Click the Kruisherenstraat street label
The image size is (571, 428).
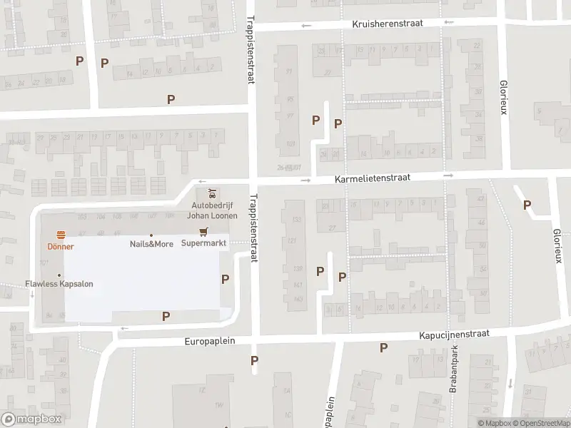click(x=388, y=24)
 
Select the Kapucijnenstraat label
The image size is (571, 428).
click(x=453, y=333)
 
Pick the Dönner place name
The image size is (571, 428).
click(x=61, y=246)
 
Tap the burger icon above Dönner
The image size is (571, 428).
click(x=61, y=235)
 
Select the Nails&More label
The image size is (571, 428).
click(x=151, y=244)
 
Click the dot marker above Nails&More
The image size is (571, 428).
click(x=151, y=235)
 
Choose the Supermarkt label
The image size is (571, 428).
click(x=204, y=244)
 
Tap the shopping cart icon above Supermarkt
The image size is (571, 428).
click(x=204, y=232)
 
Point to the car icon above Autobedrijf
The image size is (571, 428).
click(x=212, y=193)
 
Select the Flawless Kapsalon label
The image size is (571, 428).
click(x=59, y=284)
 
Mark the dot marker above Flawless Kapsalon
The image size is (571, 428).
click(x=59, y=275)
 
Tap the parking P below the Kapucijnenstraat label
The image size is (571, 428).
click(x=384, y=348)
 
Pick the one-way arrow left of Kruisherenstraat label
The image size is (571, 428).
click(x=307, y=26)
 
